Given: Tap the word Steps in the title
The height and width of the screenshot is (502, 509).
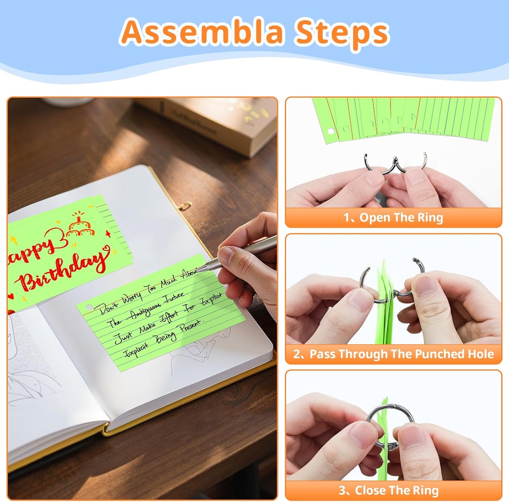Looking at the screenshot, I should click(342, 32).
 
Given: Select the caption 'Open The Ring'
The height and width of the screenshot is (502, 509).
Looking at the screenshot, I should click(393, 218).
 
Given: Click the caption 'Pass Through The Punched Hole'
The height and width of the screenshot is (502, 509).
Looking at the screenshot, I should click(393, 354).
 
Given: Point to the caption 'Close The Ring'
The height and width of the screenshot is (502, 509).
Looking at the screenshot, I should click(393, 490).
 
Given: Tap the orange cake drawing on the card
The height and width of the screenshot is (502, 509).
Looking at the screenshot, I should click(81, 225).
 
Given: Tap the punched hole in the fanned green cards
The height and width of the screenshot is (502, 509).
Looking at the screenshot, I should click(331, 131).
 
